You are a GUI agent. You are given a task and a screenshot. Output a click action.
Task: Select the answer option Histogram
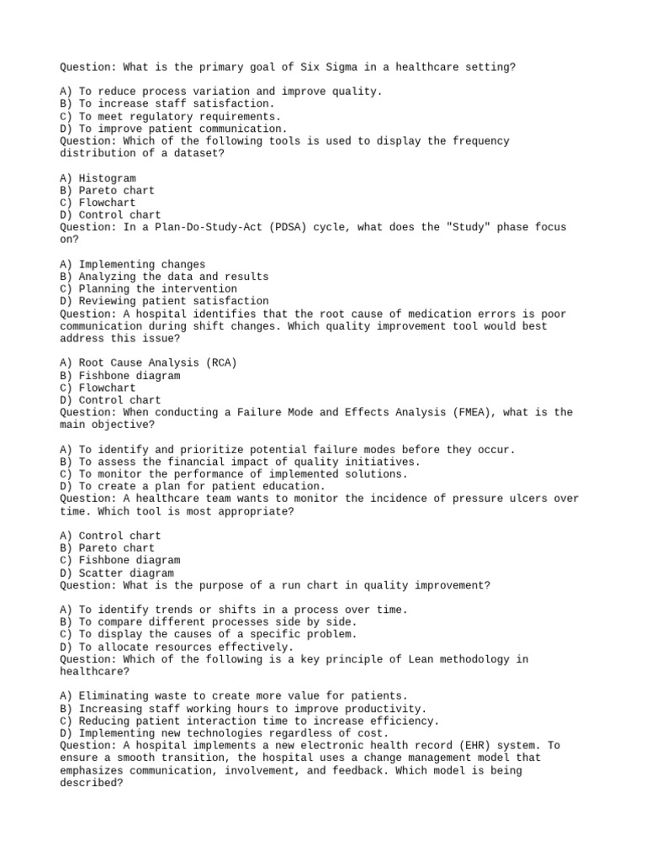107,178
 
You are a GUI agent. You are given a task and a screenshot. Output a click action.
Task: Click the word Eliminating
112,696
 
